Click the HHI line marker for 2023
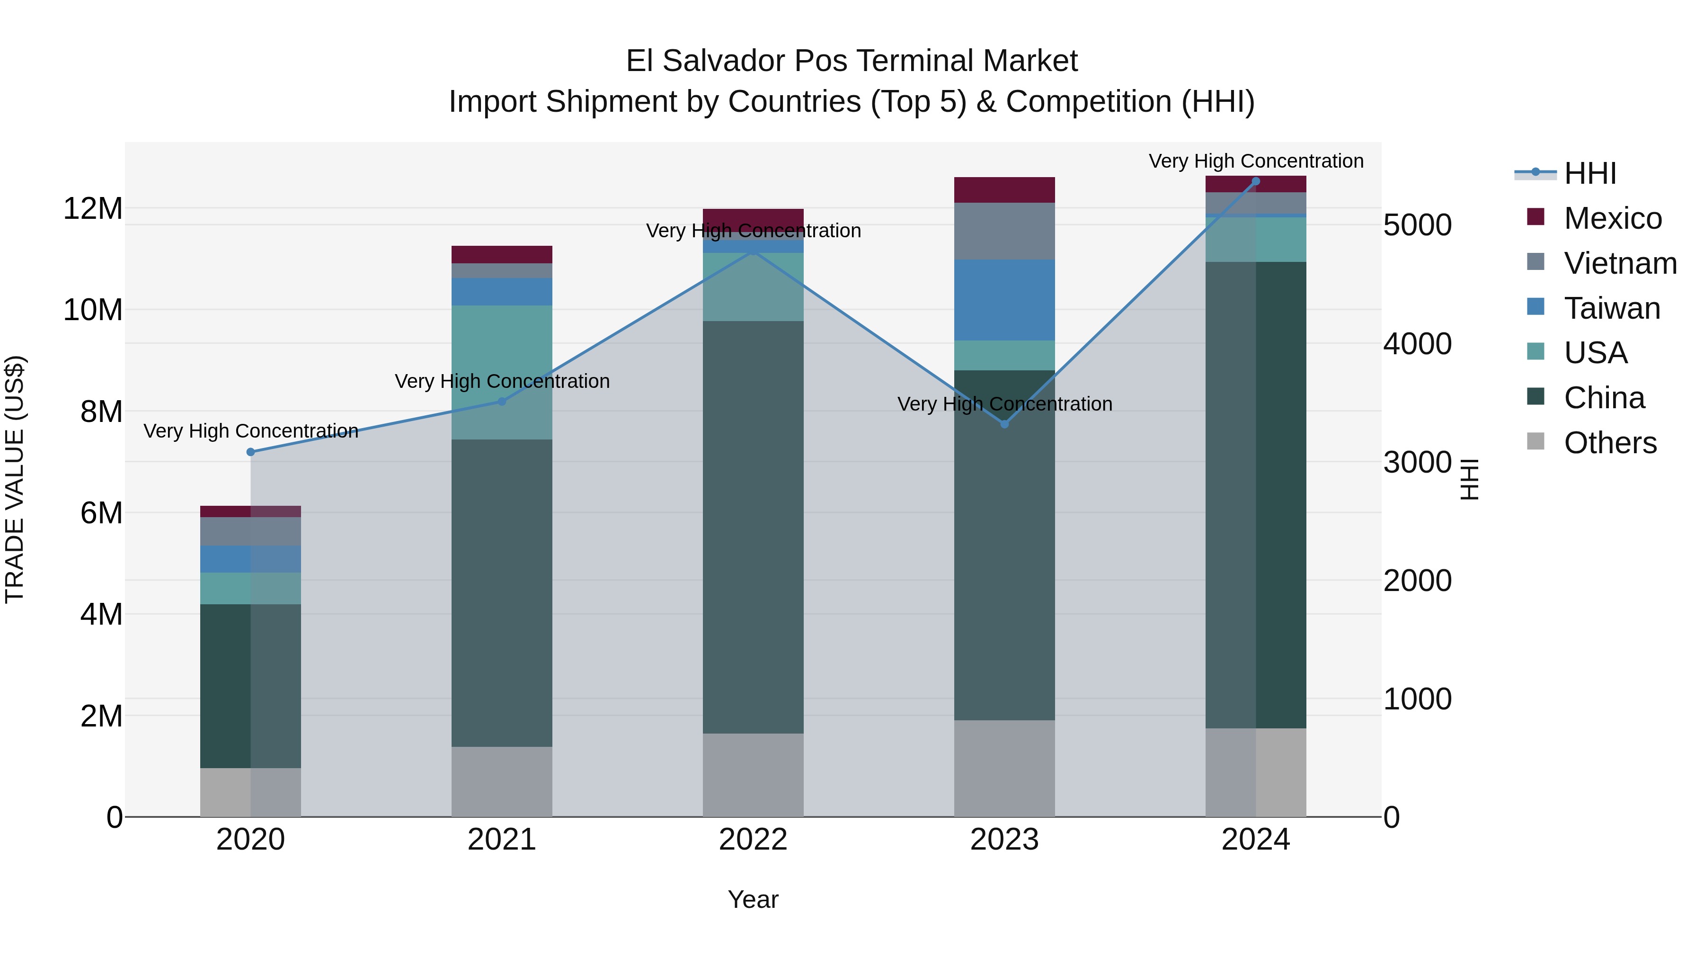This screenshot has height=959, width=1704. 1004,423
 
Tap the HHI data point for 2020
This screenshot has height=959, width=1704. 251,452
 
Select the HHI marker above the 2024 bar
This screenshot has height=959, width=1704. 1255,181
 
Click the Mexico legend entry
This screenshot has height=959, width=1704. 1612,218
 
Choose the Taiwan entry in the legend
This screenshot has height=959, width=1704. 1611,308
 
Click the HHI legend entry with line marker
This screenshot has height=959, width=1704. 1565,173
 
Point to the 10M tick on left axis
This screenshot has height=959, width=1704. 93,310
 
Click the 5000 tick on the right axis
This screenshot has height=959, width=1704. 1417,225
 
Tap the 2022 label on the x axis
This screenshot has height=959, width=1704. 753,840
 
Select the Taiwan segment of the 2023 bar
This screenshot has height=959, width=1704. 1004,300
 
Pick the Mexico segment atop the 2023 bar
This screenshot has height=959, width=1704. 1004,190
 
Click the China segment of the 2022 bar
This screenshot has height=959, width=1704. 753,527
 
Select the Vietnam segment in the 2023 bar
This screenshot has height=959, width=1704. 1004,231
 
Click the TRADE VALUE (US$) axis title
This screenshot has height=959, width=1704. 15,479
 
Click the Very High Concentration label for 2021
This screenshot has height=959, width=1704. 502,381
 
